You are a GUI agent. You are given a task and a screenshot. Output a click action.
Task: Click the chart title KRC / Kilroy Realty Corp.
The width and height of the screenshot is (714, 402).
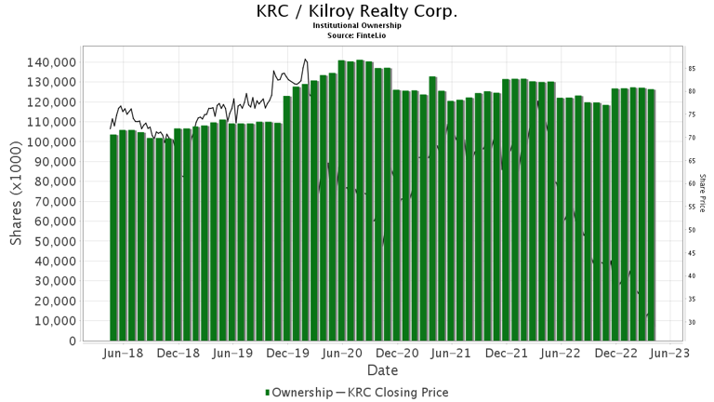357,12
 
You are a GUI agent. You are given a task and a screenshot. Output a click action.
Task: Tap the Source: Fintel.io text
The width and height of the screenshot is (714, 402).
357,35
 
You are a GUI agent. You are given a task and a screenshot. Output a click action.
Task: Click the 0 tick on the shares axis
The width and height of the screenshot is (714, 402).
72,342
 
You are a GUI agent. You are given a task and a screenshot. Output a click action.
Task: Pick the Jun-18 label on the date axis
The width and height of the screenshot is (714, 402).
125,355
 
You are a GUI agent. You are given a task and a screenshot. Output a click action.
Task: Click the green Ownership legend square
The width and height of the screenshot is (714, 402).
269,393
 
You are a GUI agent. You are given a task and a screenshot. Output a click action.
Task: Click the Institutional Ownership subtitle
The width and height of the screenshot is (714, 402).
357,27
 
